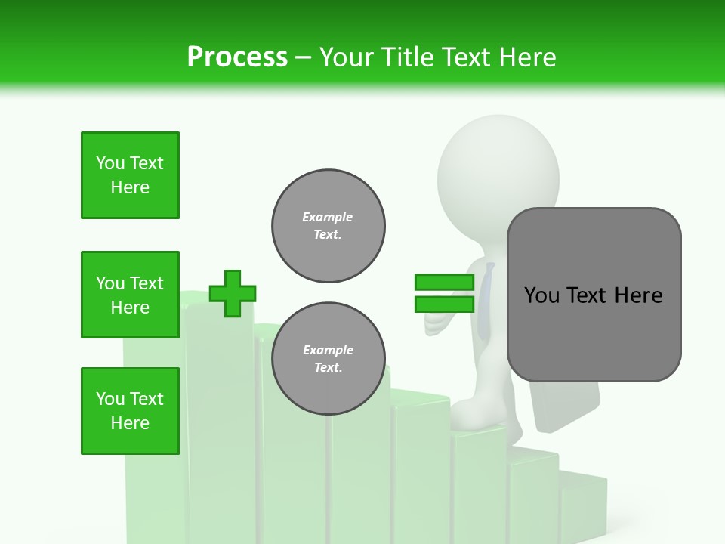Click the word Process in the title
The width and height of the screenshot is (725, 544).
pos(237,57)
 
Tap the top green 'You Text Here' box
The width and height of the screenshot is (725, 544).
pos(130,175)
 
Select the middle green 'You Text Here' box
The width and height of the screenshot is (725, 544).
pos(130,295)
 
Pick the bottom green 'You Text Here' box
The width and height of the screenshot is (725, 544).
pos(130,411)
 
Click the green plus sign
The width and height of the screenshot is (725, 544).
pos(232,293)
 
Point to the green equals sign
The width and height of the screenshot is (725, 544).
pos(444,293)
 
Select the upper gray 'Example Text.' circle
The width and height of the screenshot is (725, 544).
pos(328,225)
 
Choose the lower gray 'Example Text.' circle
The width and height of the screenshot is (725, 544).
pos(328,358)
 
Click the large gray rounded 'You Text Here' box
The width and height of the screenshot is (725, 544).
pos(594,295)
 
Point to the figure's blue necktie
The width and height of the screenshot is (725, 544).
pos(486,302)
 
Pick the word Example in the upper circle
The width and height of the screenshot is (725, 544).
pos(327,217)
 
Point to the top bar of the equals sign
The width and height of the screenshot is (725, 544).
pos(444,283)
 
